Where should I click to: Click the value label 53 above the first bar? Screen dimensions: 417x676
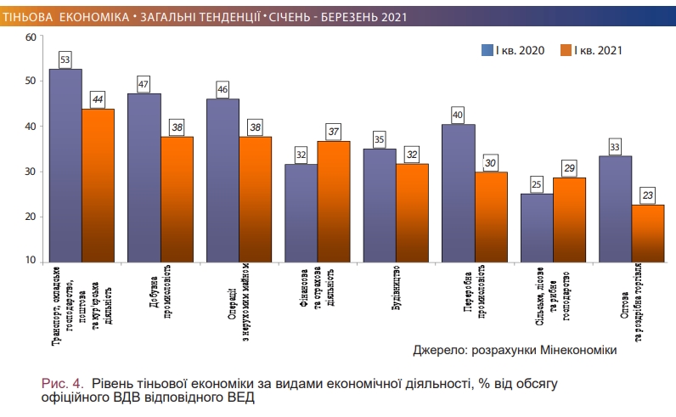[65, 59]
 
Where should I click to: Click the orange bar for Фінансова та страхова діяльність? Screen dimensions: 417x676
[333, 200]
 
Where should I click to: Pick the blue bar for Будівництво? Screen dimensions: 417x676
[379, 205]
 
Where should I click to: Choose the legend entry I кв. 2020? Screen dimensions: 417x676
[513, 50]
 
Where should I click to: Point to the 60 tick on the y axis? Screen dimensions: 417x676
[31, 37]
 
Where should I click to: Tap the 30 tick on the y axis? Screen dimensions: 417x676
[31, 172]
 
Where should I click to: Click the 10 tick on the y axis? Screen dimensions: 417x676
[31, 262]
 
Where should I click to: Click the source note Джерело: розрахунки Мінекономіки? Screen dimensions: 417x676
[515, 350]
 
